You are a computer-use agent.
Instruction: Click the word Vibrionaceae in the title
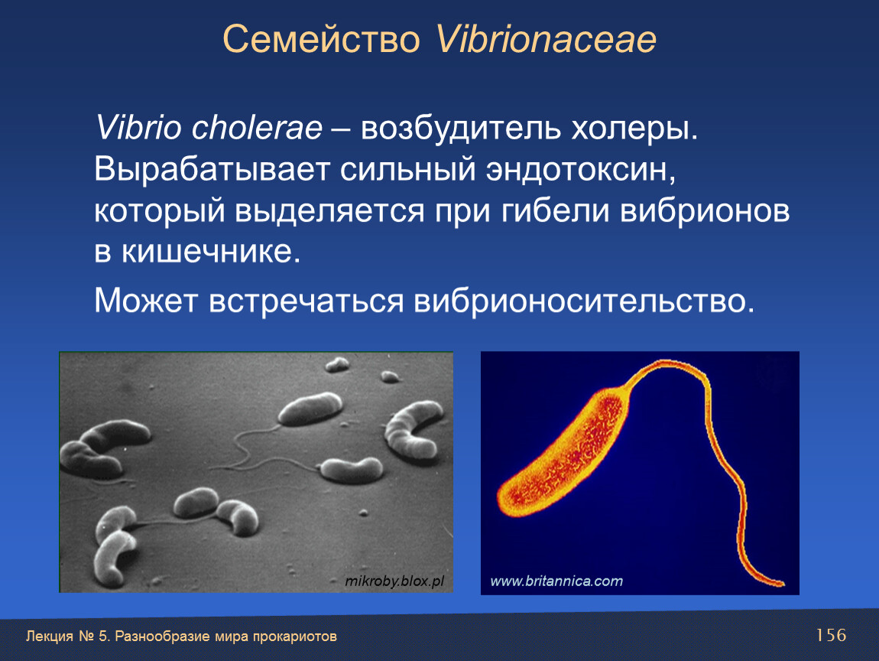coord(546,39)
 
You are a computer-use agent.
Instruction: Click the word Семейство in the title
coord(321,39)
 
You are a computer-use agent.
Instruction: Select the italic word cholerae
coord(258,127)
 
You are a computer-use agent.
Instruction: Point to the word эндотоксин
coord(581,169)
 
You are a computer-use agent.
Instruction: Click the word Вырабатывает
coord(211,170)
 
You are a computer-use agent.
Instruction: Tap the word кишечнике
coord(211,252)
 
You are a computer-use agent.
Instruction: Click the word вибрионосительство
coord(583,301)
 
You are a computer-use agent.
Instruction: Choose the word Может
coord(146,300)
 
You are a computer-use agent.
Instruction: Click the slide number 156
coord(831,635)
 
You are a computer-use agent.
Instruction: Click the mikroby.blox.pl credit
coord(394,581)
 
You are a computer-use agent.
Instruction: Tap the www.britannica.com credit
coord(556,581)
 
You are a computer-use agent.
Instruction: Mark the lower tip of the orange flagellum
coord(782,584)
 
